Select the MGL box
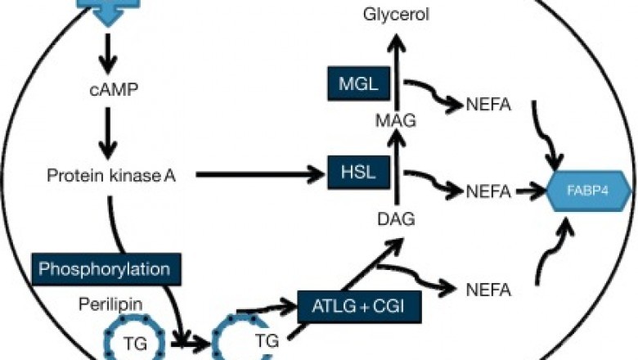[357, 82]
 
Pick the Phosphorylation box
[105, 268]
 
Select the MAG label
[397, 121]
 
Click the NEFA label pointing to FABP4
[488, 192]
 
